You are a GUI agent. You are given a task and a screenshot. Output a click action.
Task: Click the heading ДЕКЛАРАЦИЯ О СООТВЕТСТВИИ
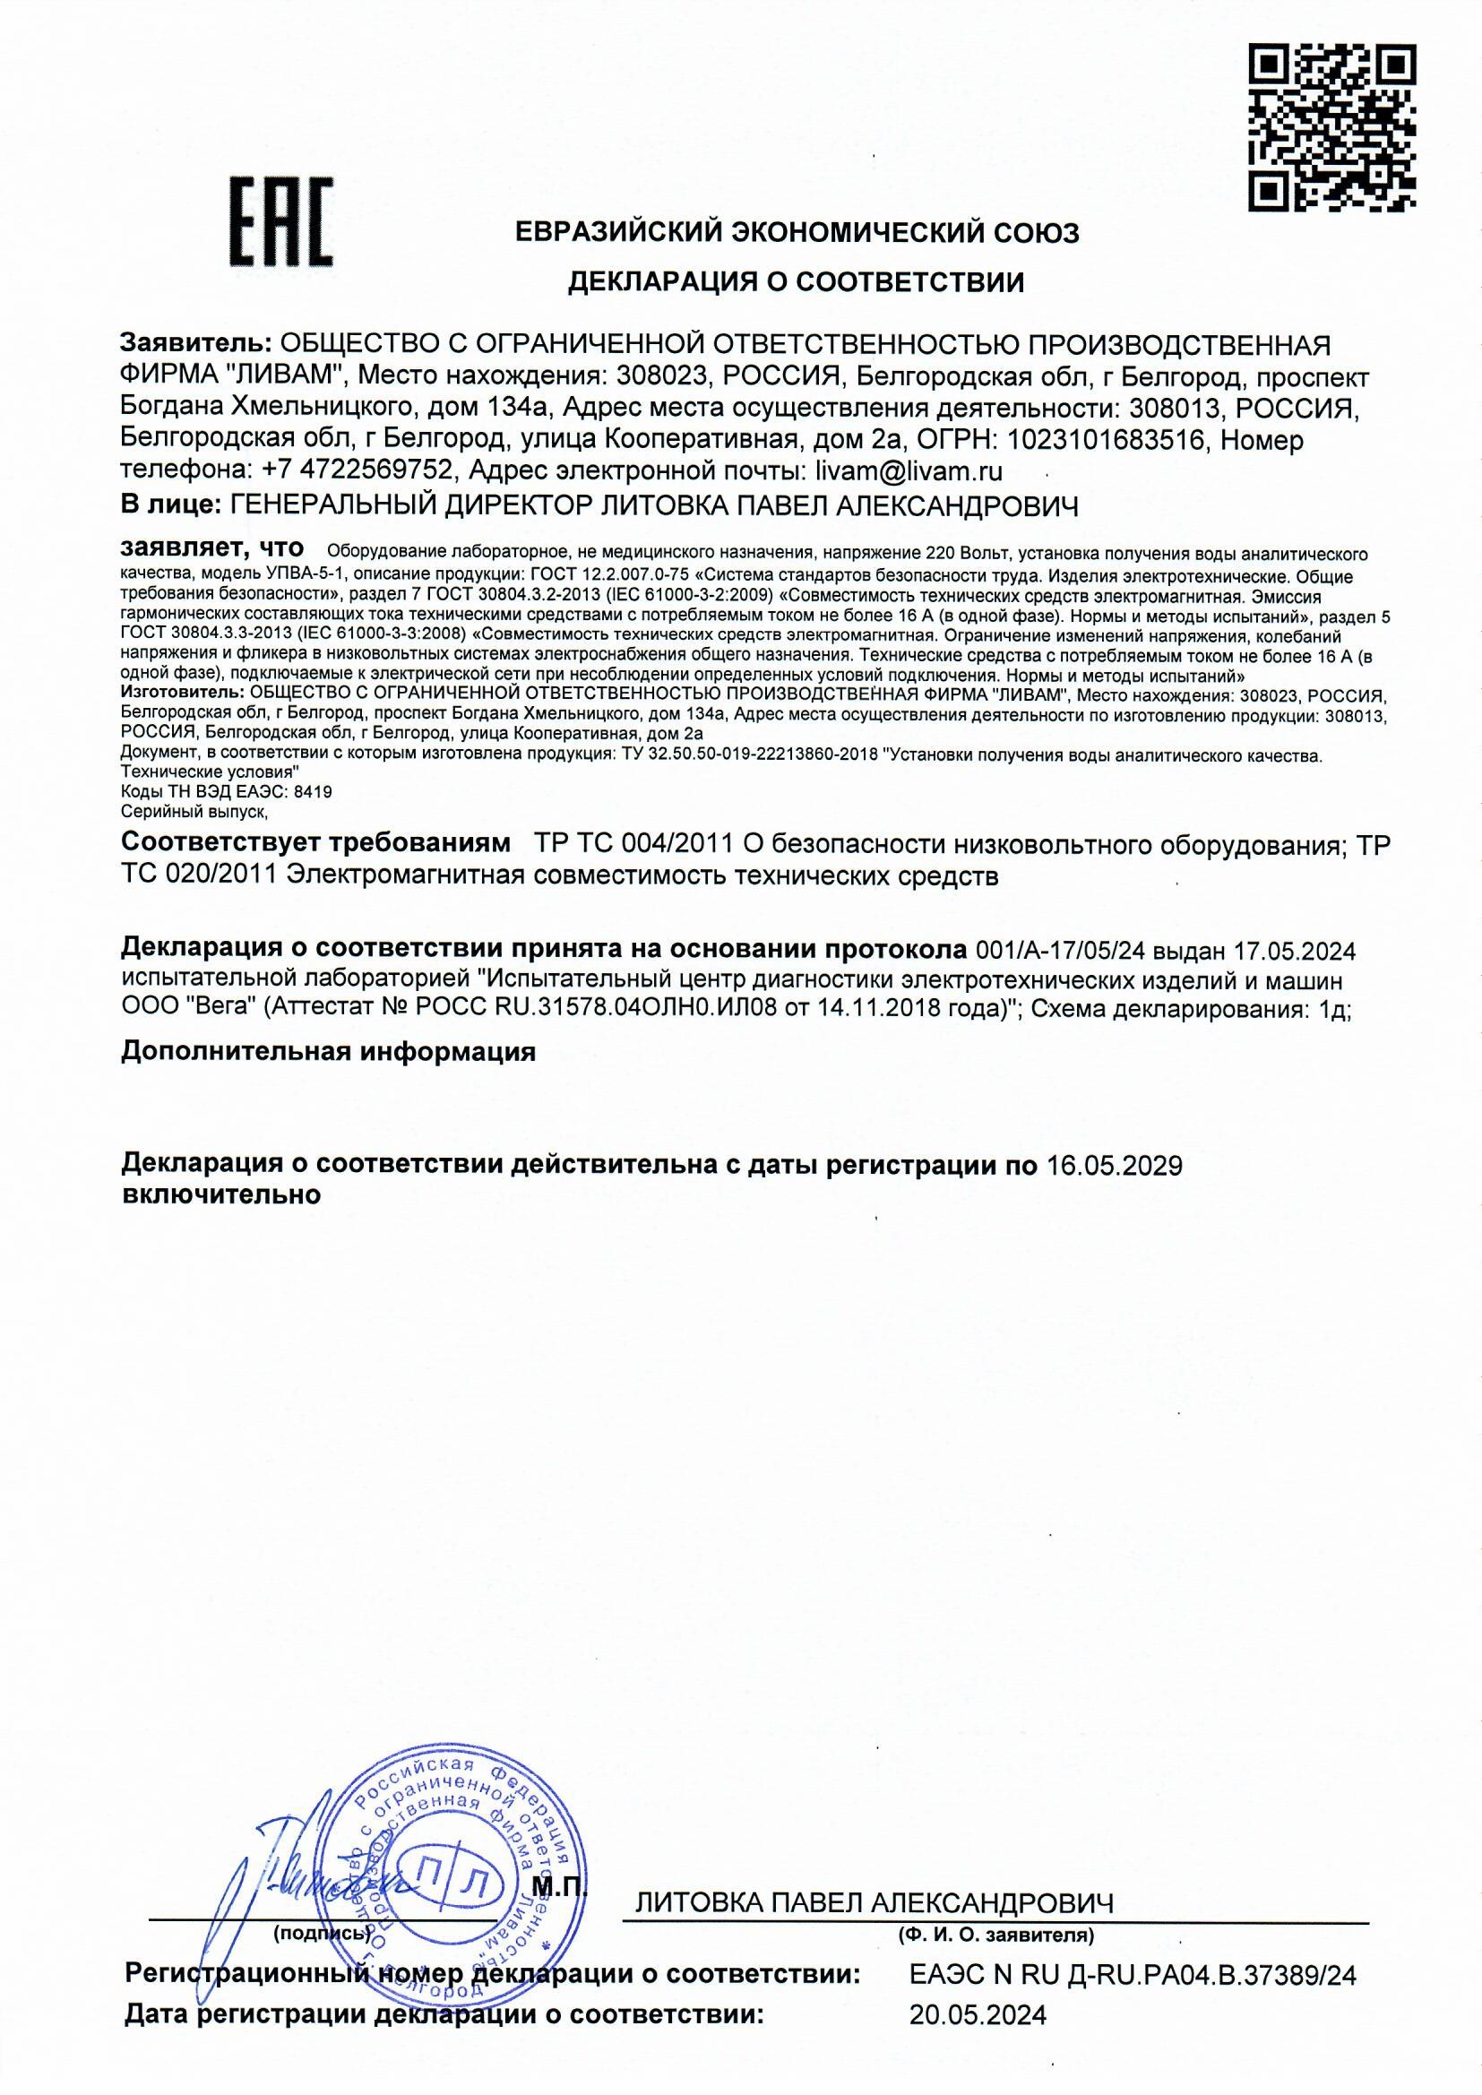pos(796,283)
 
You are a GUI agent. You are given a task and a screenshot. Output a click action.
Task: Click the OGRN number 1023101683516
pos(1107,441)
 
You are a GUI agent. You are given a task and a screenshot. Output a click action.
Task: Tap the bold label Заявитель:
pos(195,345)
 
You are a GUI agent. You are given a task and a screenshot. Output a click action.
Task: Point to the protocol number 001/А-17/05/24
pos(1060,951)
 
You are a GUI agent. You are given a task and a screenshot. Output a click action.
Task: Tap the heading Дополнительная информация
pos(329,1052)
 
